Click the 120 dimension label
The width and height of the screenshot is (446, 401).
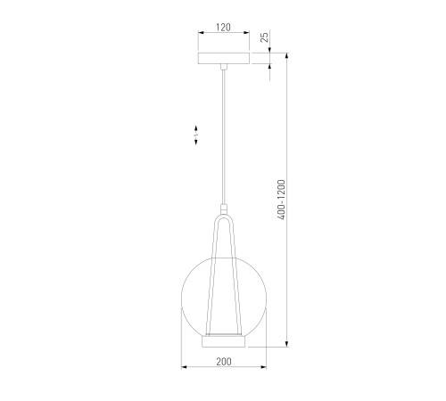click(x=223, y=28)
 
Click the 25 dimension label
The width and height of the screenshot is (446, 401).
click(x=264, y=37)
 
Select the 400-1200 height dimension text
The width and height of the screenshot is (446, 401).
click(x=281, y=200)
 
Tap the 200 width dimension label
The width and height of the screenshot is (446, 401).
click(x=224, y=362)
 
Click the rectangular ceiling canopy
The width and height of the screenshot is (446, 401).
click(x=224, y=58)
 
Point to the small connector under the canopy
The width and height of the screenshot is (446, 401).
click(x=224, y=67)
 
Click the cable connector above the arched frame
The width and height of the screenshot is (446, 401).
click(x=224, y=209)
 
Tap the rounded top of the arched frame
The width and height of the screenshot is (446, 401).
click(x=224, y=217)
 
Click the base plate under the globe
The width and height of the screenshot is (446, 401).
click(x=224, y=341)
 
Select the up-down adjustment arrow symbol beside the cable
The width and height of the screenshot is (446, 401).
click(x=196, y=135)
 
